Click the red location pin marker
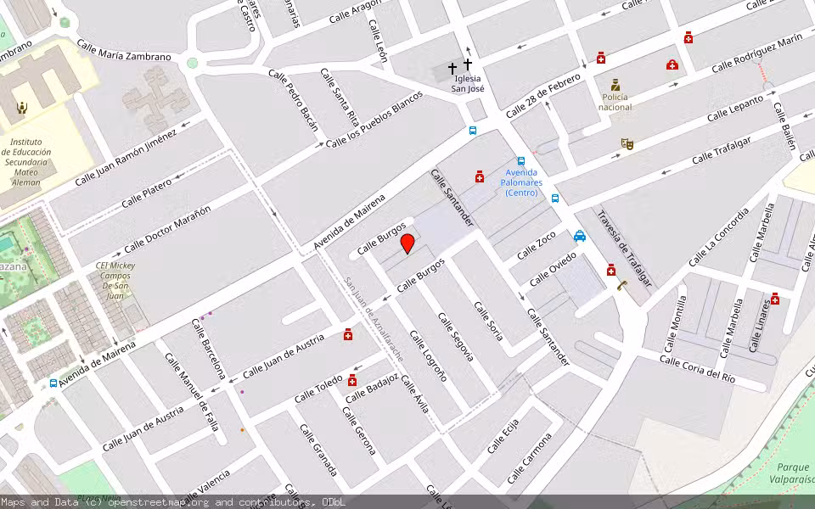click(407, 243)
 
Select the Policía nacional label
click(615, 102)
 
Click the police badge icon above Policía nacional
click(615, 85)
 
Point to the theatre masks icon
click(627, 143)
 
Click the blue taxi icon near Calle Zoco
click(580, 236)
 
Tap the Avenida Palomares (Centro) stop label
click(521, 182)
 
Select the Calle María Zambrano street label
click(124, 51)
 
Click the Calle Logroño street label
click(429, 355)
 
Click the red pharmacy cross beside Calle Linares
click(774, 299)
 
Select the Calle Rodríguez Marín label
click(756, 54)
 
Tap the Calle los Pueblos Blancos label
click(374, 120)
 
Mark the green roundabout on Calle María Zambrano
click(193, 63)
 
